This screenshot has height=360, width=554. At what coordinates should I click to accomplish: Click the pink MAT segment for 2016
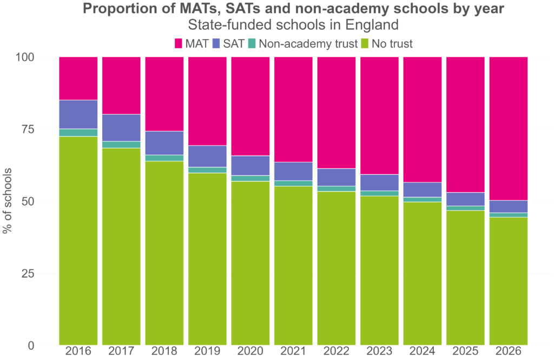tap(78, 78)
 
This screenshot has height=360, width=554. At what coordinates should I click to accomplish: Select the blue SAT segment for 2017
tap(121, 127)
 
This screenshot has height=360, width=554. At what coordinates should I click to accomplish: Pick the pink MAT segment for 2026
tap(509, 128)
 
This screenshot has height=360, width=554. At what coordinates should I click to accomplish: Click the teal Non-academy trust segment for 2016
tap(78, 133)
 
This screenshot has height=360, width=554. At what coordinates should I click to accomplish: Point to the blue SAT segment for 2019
tap(207, 156)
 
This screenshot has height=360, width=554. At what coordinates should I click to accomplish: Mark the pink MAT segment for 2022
tap(337, 112)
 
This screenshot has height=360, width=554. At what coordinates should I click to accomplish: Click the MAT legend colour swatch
tap(179, 43)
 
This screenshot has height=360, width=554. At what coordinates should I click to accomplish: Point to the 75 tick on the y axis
tap(41, 129)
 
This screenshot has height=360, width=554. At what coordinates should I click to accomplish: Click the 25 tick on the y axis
tap(41, 273)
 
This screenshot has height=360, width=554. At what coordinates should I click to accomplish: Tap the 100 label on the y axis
tap(38, 57)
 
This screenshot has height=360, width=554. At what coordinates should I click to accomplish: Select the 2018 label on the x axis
tap(164, 352)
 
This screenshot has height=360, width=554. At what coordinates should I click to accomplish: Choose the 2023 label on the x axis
tap(380, 352)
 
